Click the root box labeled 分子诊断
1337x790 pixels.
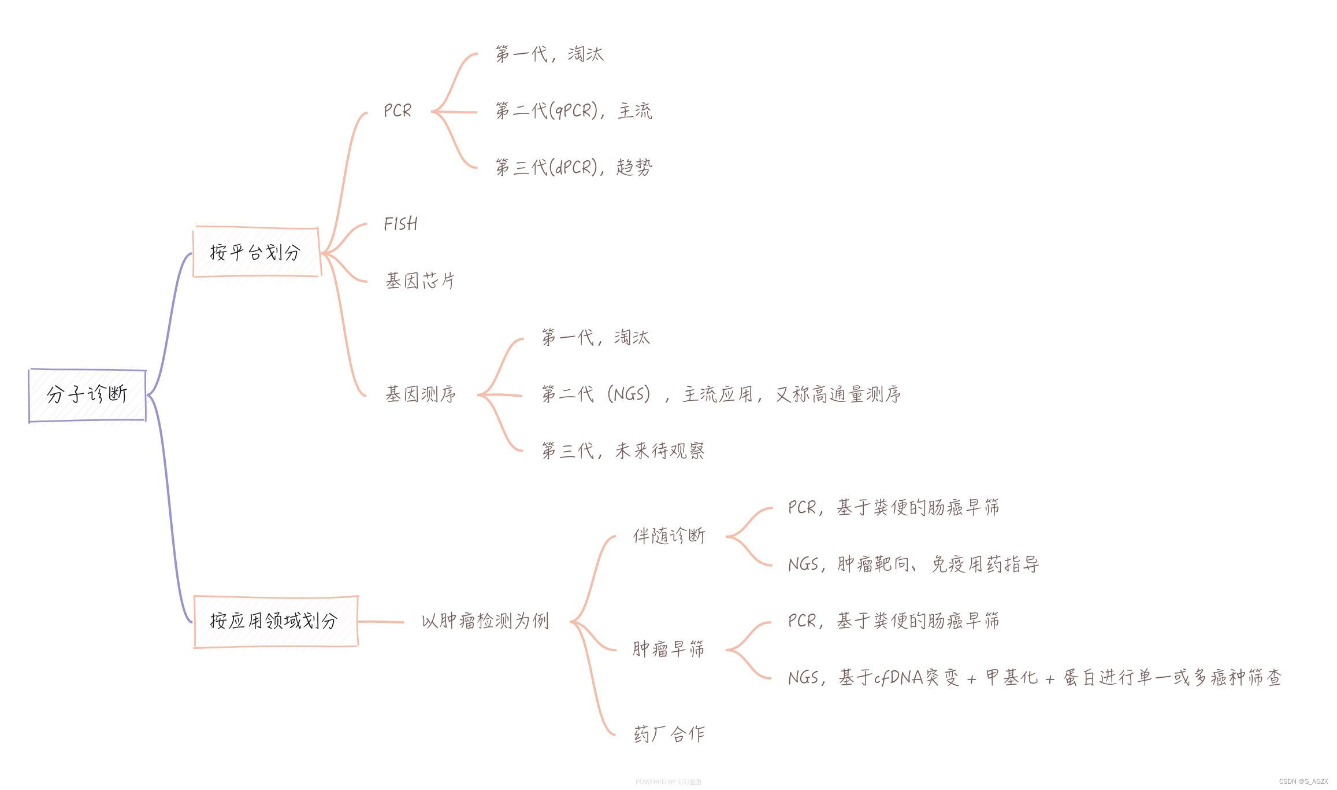[87, 395]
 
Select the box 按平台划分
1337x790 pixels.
[255, 252]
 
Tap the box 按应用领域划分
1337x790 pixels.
[275, 621]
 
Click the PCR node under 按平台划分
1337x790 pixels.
[398, 110]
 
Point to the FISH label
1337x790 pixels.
[400, 224]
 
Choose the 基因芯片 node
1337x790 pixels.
[420, 280]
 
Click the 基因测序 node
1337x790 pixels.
[421, 394]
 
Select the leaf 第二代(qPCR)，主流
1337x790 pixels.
[573, 110]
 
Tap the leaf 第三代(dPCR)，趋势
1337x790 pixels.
[573, 167]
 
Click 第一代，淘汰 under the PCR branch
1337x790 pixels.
[549, 54]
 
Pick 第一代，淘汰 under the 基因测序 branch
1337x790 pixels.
[596, 337]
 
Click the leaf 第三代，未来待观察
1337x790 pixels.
[623, 451]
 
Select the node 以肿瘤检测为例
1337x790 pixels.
[485, 621]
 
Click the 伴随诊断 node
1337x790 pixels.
[669, 536]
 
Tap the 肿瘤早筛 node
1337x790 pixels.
[668, 649]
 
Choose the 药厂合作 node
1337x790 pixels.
[669, 734]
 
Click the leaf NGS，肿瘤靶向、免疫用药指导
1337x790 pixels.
[913, 564]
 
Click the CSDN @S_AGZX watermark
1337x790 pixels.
[1303, 781]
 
